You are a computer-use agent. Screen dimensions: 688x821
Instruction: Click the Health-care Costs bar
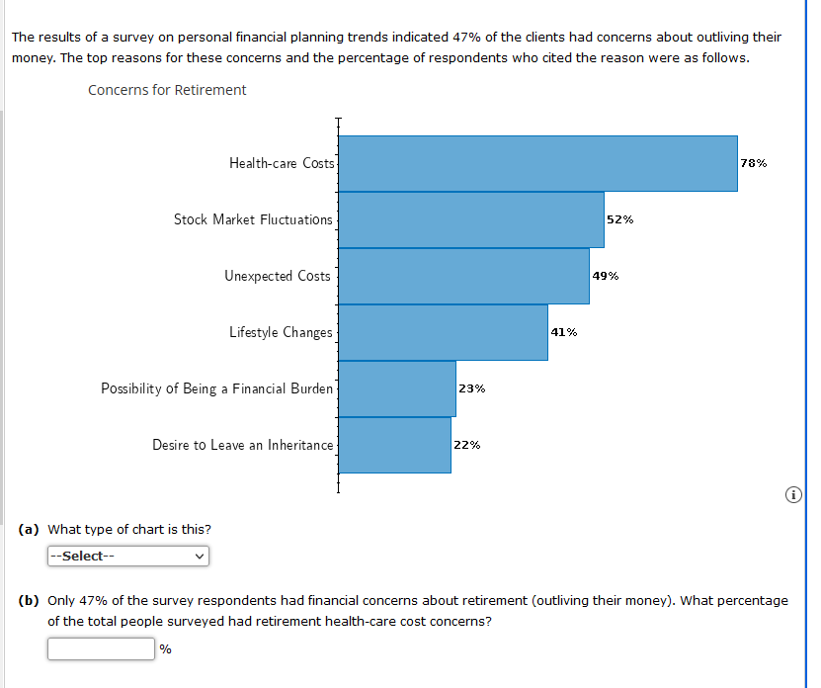[537, 163]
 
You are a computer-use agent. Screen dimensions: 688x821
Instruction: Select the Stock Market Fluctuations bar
[470, 219]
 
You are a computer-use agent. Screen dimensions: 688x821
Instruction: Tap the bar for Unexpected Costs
[463, 276]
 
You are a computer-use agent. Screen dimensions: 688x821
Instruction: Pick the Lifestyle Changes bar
[443, 332]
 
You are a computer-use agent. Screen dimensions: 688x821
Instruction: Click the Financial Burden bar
[396, 388]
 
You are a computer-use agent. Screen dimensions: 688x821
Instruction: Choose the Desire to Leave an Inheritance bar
[394, 445]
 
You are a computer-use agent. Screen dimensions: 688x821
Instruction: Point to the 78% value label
[753, 163]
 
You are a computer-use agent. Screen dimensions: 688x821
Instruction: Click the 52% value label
[620, 219]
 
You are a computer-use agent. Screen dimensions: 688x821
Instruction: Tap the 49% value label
[606, 276]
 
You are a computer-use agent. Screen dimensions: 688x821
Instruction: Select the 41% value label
[564, 332]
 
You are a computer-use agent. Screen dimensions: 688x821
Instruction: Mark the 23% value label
[472, 388]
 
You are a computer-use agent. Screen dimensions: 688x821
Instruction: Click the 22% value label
[467, 445]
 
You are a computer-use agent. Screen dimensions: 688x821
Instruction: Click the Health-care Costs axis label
[282, 163]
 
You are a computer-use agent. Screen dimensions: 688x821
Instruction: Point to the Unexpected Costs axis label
[278, 276]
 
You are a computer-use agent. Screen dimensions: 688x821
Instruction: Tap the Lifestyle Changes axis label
[281, 332]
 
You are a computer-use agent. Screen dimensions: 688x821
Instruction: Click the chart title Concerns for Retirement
[167, 90]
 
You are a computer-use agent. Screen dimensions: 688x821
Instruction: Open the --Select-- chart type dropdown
[127, 556]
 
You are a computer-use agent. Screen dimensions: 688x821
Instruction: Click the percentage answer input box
[101, 649]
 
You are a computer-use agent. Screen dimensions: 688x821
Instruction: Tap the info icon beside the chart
[794, 494]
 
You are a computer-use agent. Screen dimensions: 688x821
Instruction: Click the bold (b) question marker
[29, 600]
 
